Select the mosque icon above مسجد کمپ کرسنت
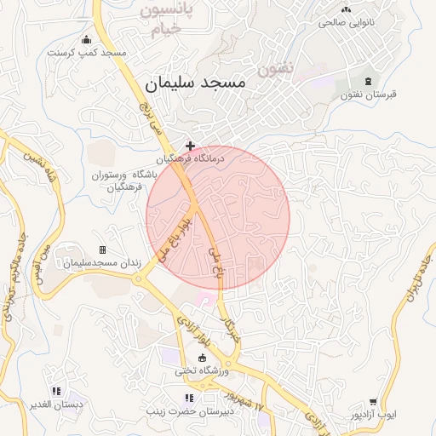86,39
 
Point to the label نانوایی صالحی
347,23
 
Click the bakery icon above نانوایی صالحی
347,9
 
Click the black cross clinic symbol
190,146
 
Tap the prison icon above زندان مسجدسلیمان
103,250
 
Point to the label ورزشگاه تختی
202,371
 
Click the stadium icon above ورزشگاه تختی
202,358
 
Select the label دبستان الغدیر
56,405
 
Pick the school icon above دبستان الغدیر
56,392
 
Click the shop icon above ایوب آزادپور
373,402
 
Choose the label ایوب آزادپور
373,416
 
